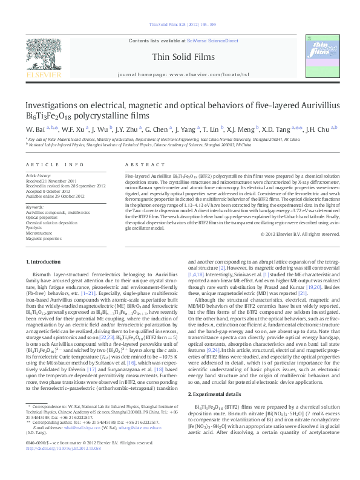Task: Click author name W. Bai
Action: pyautogui.click(x=34, y=129)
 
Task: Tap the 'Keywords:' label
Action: pyautogui.click(x=34, y=207)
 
